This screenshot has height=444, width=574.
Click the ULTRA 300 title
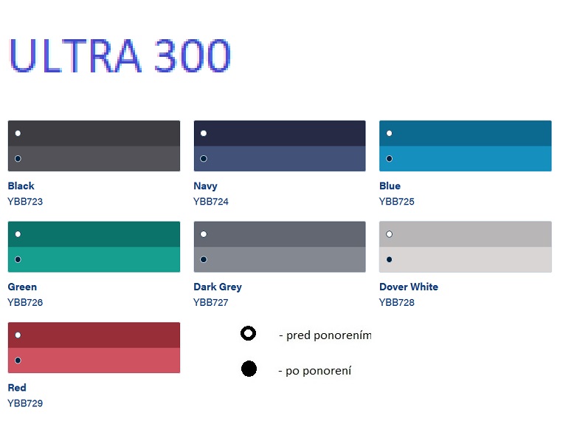coord(120,55)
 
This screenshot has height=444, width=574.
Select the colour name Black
coord(21,186)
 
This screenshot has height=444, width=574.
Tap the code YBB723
coord(25,202)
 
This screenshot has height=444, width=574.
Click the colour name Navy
coord(205,186)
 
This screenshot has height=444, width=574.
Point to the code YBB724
coord(211,202)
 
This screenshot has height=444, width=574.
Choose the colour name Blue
coord(390,186)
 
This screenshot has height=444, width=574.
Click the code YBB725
coord(397,202)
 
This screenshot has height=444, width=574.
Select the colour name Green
coord(22,287)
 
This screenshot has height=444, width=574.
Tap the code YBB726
coord(25,303)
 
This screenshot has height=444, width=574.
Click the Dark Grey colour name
coord(218,287)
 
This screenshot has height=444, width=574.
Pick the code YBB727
coord(211,303)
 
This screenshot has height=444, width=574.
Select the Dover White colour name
coord(409,287)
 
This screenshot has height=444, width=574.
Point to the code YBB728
coord(397,303)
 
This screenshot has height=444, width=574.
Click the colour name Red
coord(17,388)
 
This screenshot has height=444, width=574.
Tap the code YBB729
coord(25,404)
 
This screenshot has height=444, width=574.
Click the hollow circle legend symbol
coord(248,334)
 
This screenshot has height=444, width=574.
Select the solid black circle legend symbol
coord(249,369)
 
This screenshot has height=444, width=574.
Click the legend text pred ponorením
coord(325,336)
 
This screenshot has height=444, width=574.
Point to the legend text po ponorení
coord(319,371)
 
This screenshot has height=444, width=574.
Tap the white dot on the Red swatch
coord(18,335)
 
